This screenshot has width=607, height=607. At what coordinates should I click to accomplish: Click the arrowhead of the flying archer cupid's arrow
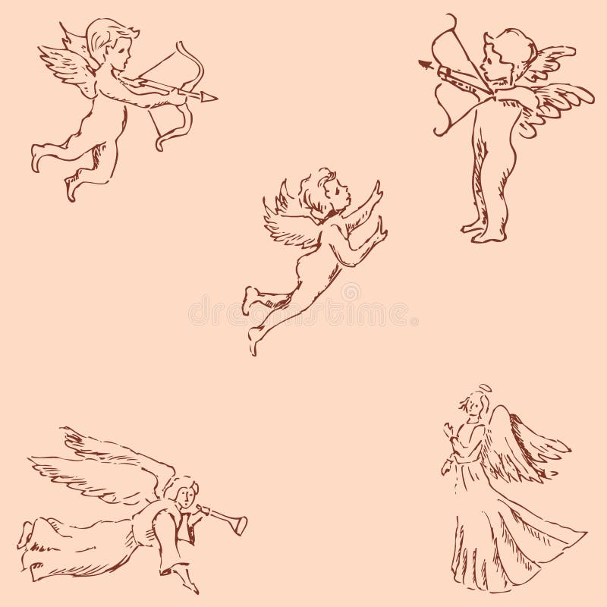click(x=210, y=97)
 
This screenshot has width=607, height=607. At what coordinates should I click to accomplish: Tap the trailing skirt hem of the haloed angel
click(x=561, y=539)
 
